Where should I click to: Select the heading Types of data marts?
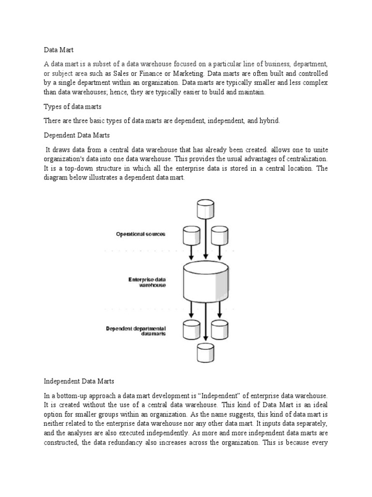[72, 106]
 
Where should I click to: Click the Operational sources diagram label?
[140, 234]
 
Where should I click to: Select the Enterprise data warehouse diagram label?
[147, 282]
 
